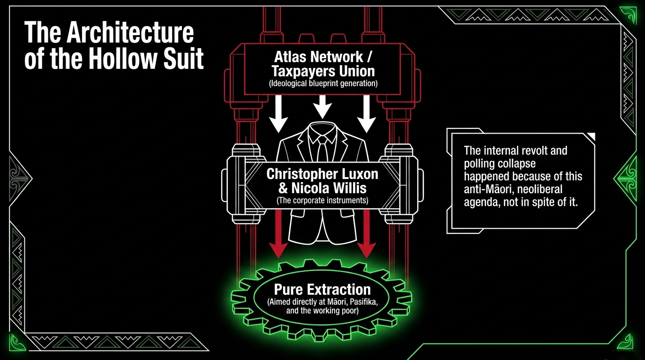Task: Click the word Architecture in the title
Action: pyautogui.click(x=130, y=33)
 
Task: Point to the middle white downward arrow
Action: pyautogui.click(x=322, y=107)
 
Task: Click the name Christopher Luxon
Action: pyautogui.click(x=322, y=174)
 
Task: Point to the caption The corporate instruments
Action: pyautogui.click(x=322, y=201)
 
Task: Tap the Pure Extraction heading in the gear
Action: pyautogui.click(x=322, y=289)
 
